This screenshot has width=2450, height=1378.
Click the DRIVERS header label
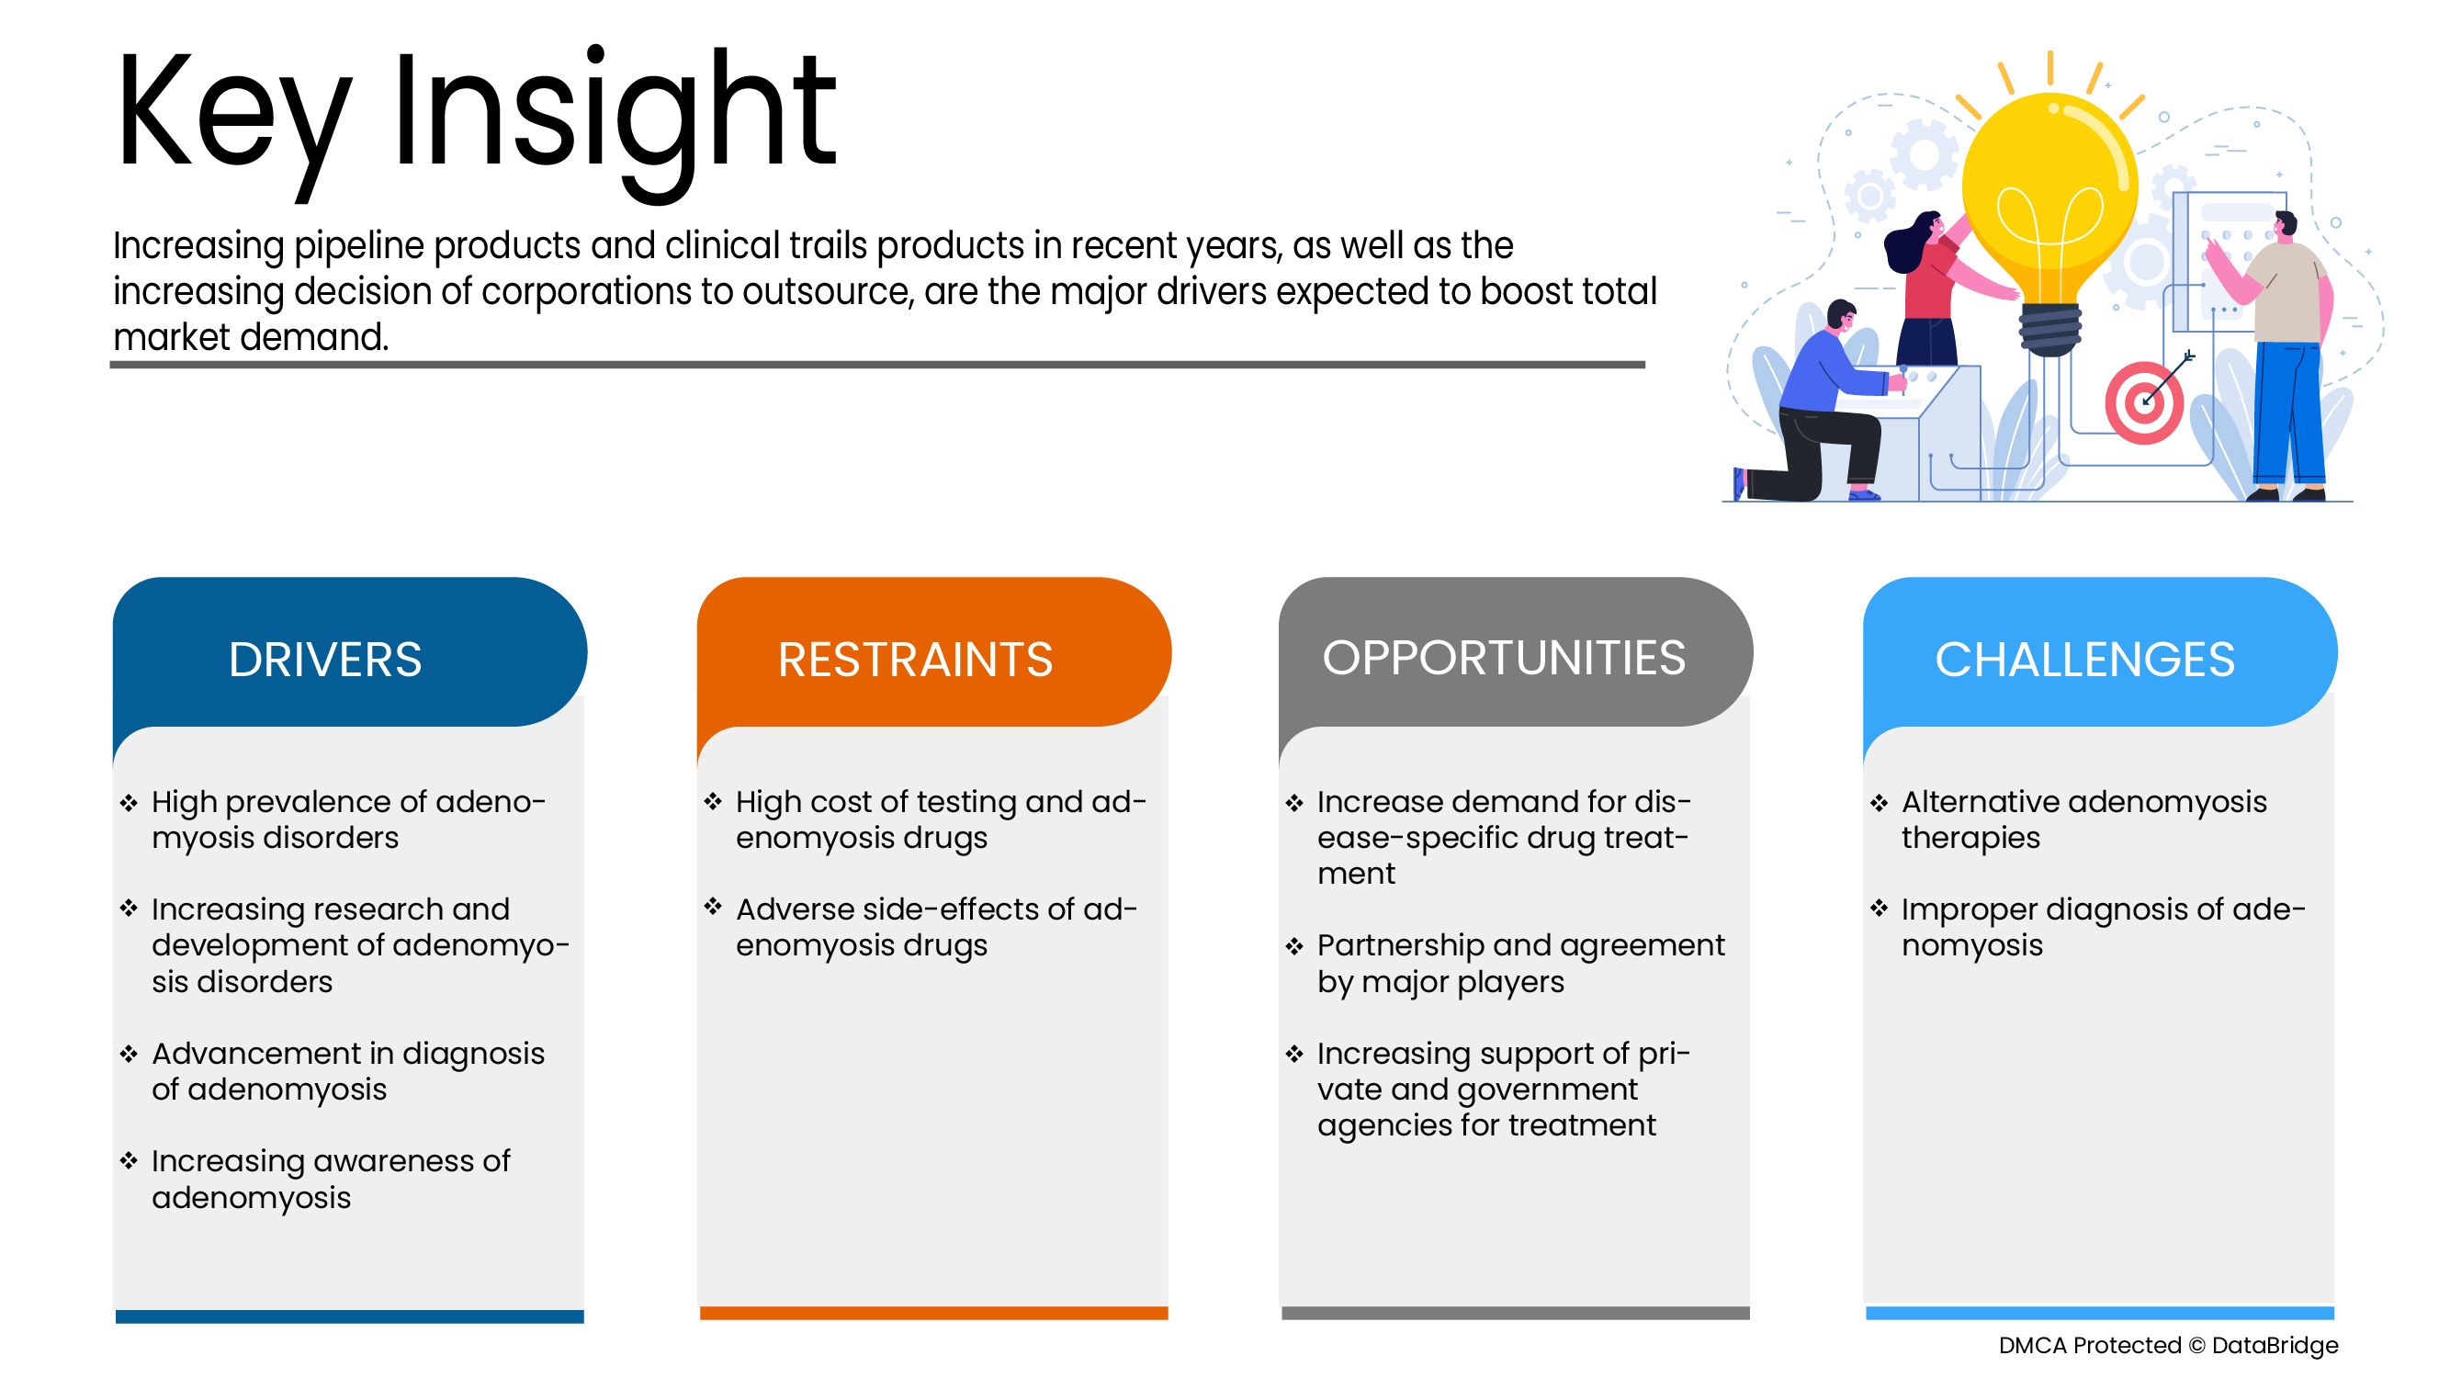click(324, 659)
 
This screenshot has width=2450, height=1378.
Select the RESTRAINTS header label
click(915, 659)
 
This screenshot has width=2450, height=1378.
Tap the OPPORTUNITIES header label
click(1504, 657)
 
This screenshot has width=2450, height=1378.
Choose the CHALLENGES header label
click(2084, 659)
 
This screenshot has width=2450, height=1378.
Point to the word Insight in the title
click(615, 119)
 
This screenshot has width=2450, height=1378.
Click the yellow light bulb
click(2049, 205)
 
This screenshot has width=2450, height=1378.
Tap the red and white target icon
click(2144, 402)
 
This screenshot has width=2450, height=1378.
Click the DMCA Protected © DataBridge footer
click(2168, 1345)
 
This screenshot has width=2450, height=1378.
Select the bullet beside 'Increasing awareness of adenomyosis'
click(129, 1160)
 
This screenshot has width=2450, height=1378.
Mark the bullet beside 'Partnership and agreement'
click(1294, 945)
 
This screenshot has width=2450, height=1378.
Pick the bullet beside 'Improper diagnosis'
click(1879, 909)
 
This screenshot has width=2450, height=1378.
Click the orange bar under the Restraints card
click(934, 1313)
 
